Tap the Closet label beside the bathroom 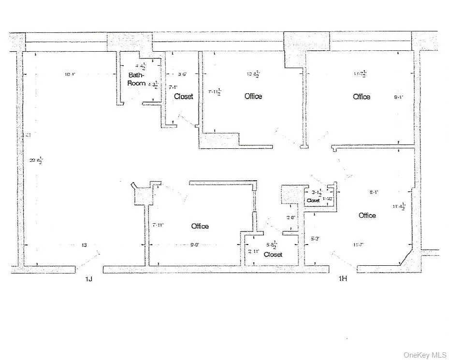183,96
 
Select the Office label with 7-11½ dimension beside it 253,96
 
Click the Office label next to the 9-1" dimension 362,97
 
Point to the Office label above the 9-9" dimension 200,226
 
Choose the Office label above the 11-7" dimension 367,215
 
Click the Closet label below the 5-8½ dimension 273,254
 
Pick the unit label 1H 343,278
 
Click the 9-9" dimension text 195,245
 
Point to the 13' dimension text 84,245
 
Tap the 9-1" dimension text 399,97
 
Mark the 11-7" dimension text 359,245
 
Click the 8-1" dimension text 374,192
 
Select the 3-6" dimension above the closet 182,74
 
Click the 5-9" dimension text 315,238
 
